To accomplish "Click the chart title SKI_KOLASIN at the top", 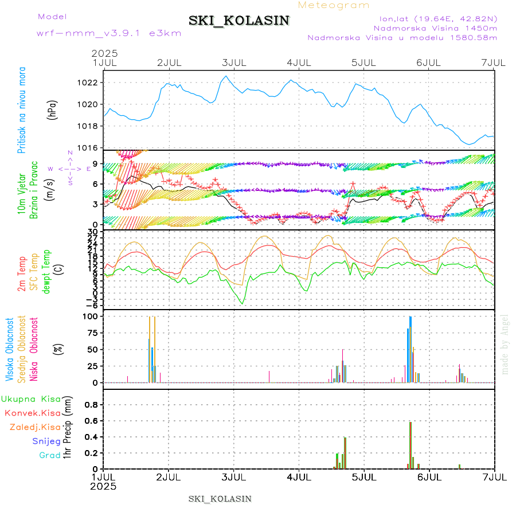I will (x=239, y=21).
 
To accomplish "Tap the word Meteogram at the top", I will (x=334, y=5).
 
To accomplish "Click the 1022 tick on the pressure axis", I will (x=88, y=83).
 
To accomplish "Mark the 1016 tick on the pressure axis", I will (x=88, y=147).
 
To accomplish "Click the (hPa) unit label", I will (x=53, y=109).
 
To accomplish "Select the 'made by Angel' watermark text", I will (x=505, y=344).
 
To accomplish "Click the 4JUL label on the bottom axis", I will (x=299, y=477).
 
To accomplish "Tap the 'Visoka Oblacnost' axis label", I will (x=10, y=350).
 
